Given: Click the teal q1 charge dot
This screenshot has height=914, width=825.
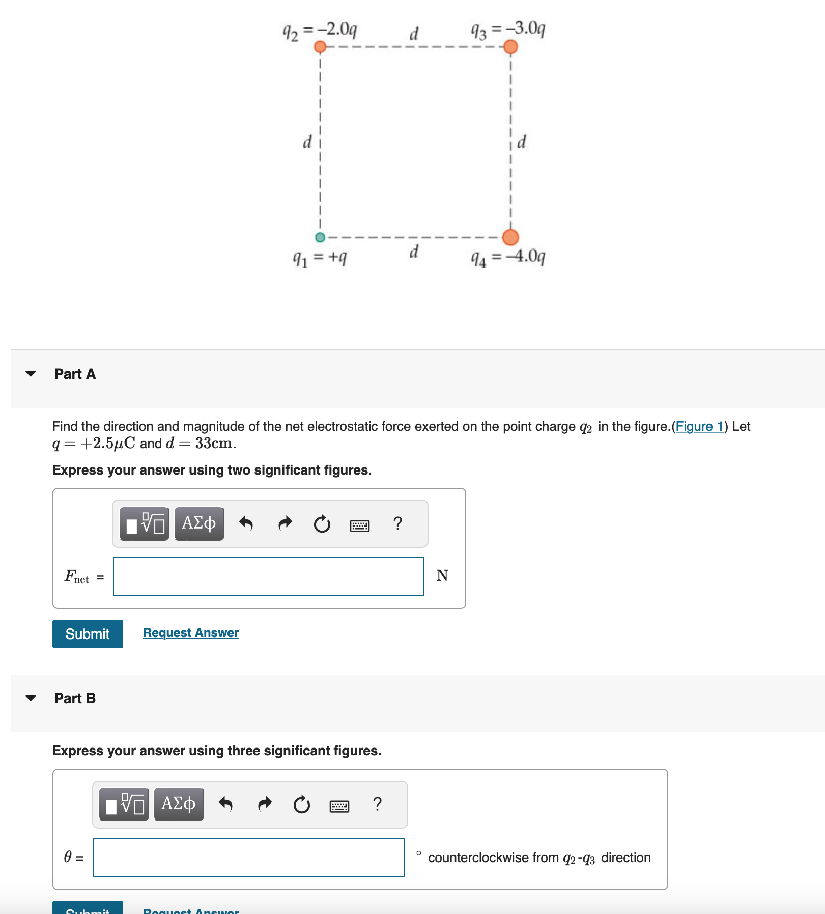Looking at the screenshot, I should click(x=320, y=237).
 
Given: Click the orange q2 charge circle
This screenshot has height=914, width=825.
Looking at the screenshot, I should click(x=320, y=47).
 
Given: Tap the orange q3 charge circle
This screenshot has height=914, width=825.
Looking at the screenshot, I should click(x=510, y=47).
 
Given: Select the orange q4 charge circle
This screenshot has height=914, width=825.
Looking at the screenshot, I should click(x=510, y=237).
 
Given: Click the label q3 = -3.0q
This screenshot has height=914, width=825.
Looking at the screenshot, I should click(x=508, y=30).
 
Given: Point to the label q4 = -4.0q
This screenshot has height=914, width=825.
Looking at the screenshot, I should click(x=508, y=258).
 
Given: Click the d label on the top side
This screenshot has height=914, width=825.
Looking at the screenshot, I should click(x=414, y=34).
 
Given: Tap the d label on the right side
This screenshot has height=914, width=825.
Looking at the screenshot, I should click(x=522, y=142).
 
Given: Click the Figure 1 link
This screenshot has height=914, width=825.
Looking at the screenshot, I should click(x=699, y=426).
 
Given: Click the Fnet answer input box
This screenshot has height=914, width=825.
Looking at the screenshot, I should click(x=268, y=576).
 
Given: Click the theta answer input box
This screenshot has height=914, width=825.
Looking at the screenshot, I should click(x=248, y=857).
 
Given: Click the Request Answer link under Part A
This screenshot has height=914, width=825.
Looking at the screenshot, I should click(x=191, y=633).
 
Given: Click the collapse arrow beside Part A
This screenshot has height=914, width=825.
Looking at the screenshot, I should click(x=31, y=374).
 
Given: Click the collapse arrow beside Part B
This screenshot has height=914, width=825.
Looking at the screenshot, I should click(x=31, y=698).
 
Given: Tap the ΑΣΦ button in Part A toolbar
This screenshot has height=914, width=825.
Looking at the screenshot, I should click(x=199, y=523).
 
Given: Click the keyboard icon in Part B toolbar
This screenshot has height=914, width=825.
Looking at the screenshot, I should click(x=339, y=806).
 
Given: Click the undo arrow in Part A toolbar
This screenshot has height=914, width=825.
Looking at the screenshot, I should click(x=246, y=523).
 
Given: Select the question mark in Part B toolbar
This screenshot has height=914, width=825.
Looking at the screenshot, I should click(x=377, y=804).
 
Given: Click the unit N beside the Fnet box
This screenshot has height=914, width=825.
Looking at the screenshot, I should click(x=442, y=576).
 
